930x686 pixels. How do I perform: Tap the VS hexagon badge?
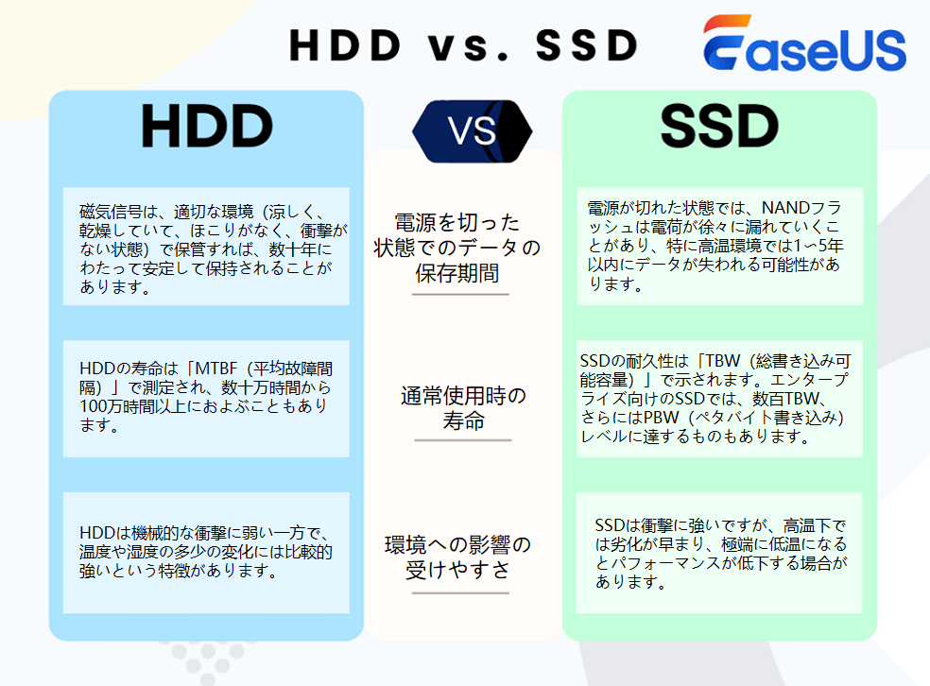coord(473,130)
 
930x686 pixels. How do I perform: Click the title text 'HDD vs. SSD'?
coord(464,44)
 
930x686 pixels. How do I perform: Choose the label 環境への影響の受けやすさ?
coord(458,557)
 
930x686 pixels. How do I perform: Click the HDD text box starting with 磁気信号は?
coord(206,246)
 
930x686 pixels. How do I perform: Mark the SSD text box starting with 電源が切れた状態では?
coord(719,246)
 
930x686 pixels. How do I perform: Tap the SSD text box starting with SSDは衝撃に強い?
coord(719,553)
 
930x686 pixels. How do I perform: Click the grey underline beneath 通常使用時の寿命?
coord(462,440)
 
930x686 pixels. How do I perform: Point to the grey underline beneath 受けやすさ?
coord(460,593)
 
